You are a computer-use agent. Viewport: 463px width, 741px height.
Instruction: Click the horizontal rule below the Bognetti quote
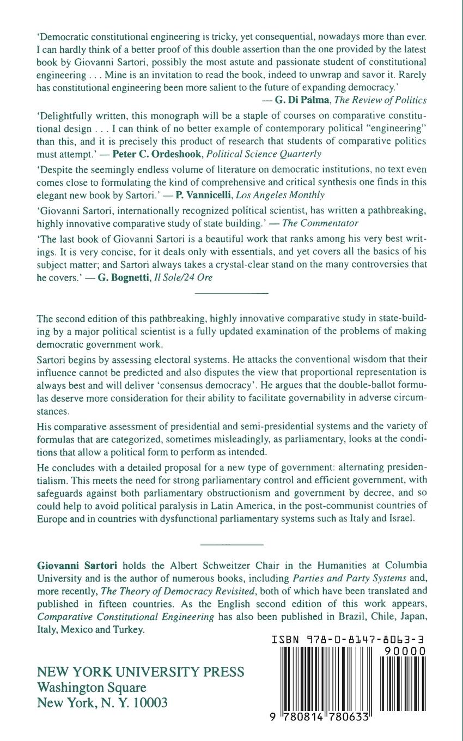click(231, 294)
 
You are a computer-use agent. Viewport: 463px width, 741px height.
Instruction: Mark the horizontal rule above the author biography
click(231, 544)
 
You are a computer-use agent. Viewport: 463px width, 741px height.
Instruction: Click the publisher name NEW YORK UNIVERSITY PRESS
click(140, 671)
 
